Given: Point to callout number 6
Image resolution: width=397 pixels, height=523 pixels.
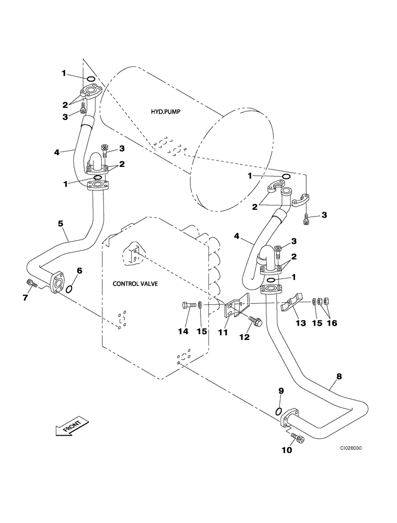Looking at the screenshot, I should pyautogui.click(x=79, y=270).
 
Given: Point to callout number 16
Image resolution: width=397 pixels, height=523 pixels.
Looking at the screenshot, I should pyautogui.click(x=332, y=323).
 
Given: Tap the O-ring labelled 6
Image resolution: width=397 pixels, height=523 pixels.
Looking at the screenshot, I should pyautogui.click(x=69, y=286).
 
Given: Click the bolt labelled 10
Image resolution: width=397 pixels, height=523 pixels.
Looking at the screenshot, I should pyautogui.click(x=296, y=438).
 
